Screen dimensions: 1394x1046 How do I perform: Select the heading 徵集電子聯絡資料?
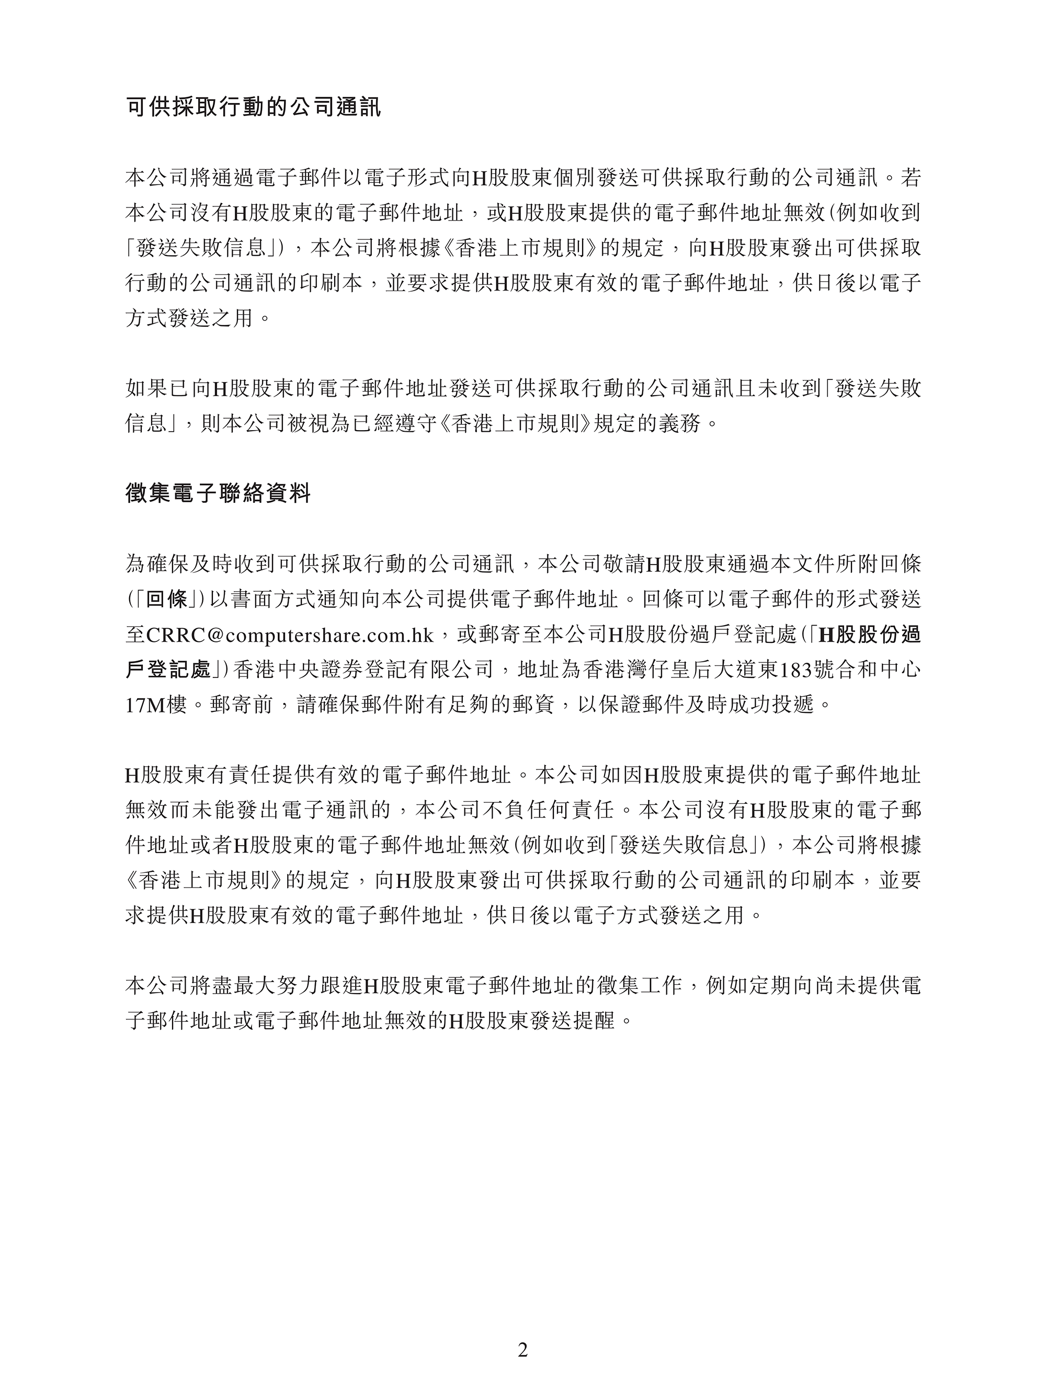[x=218, y=493]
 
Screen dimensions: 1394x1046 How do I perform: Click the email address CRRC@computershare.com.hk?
[x=289, y=635]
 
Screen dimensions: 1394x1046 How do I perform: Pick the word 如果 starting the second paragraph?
[x=146, y=388]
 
